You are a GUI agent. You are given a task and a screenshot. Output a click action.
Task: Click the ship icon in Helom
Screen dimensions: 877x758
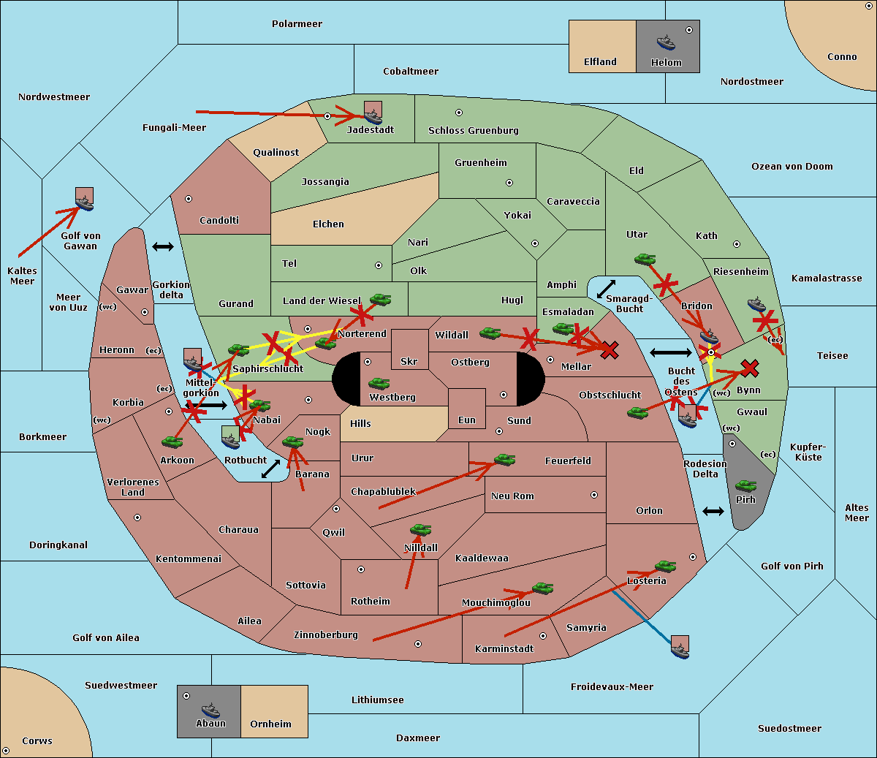click(x=666, y=42)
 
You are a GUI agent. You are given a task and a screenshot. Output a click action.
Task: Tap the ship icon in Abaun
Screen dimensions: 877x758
click(x=210, y=710)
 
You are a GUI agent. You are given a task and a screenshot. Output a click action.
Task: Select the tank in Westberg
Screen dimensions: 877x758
click(x=379, y=384)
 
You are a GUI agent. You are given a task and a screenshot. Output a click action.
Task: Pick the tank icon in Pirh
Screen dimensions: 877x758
click(x=745, y=485)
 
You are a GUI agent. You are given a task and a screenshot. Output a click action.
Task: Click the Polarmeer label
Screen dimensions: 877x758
click(x=297, y=24)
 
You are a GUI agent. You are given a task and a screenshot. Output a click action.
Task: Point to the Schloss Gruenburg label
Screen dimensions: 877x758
click(x=474, y=130)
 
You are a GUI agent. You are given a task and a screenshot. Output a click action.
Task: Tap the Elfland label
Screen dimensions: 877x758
click(x=600, y=62)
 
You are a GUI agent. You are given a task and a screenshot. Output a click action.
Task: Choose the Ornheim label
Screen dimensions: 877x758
click(x=270, y=724)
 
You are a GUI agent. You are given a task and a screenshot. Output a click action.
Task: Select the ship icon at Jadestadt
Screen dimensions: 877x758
click(x=373, y=116)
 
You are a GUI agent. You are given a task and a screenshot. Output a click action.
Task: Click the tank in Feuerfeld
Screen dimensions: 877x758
click(x=504, y=460)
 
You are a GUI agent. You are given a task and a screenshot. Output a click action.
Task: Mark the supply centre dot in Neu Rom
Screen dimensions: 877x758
click(x=594, y=495)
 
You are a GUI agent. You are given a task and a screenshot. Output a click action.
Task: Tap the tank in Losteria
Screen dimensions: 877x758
click(x=665, y=566)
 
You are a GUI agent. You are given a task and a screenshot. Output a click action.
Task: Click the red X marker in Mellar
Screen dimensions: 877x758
click(x=610, y=350)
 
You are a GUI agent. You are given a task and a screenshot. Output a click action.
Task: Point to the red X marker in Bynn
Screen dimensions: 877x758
click(x=750, y=368)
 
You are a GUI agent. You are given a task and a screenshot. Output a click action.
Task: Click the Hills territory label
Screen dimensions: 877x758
click(x=360, y=423)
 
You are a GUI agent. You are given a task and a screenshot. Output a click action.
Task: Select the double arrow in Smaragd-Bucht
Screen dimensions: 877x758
click(x=606, y=289)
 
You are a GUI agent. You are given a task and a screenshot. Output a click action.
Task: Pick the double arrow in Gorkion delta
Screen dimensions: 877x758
click(x=163, y=246)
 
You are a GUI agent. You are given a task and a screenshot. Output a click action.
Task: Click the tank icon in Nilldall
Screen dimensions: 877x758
click(x=420, y=530)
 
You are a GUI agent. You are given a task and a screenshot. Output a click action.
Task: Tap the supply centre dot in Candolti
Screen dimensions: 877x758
click(x=189, y=199)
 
